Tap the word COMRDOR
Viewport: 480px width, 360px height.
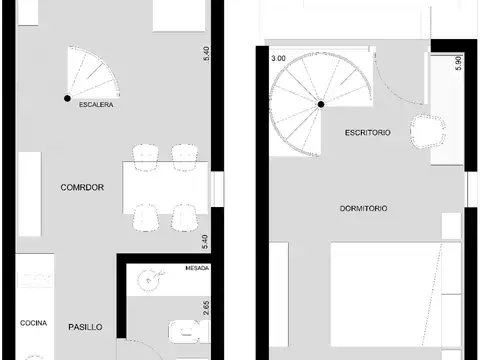pos(83,187)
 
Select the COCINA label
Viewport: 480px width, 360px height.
pos(33,324)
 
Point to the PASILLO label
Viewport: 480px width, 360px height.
pos(87,327)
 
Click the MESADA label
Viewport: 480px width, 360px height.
pos(197,269)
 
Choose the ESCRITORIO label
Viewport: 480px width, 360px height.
pos(367,132)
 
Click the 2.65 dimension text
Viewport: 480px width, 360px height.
pos(206,305)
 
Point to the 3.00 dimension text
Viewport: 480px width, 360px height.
pos(278,59)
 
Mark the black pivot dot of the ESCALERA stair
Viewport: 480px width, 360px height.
pos(67,97)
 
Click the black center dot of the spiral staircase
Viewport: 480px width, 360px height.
pos(321,103)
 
